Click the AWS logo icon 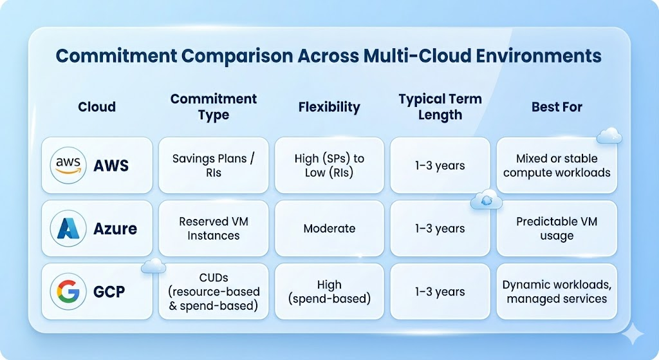click(68, 166)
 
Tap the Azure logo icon click(68, 229)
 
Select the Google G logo click(68, 292)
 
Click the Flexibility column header click(329, 108)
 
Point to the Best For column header click(557, 107)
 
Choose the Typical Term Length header click(440, 107)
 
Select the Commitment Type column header click(214, 107)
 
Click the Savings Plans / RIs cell click(214, 166)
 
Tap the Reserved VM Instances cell click(214, 229)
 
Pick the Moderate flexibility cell click(329, 229)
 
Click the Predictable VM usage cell click(557, 229)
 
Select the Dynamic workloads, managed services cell click(557, 292)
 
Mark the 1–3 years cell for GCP click(440, 292)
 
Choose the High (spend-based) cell click(329, 292)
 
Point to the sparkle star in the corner click(633, 334)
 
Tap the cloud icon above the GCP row click(153, 266)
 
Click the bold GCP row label click(109, 292)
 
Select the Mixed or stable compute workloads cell click(557, 166)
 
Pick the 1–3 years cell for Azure click(440, 229)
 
